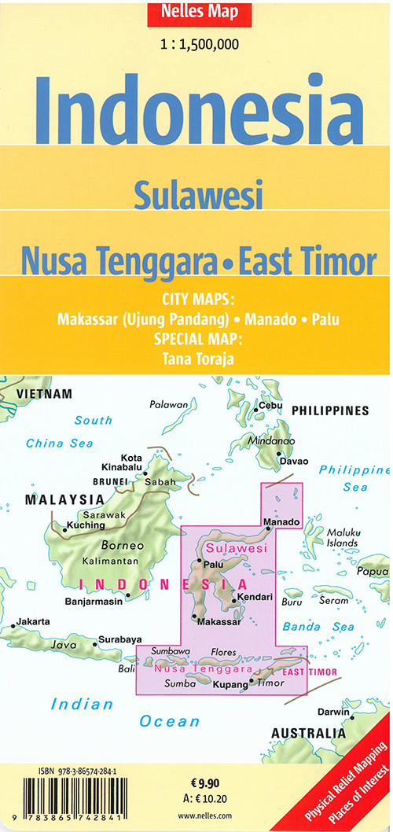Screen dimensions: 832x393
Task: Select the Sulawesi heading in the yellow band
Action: [197, 194]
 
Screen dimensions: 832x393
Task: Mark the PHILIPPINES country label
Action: [329, 410]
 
